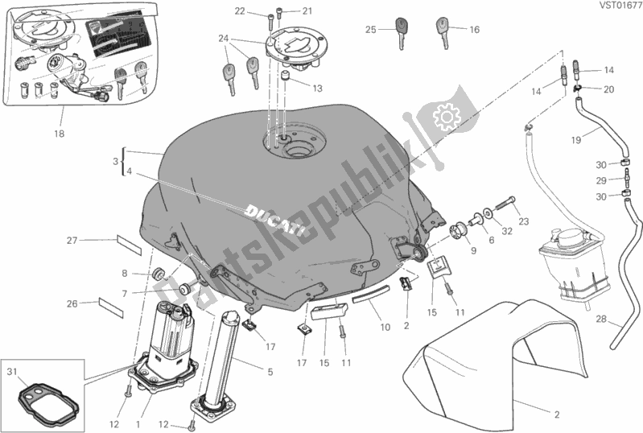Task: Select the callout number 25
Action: point(370,30)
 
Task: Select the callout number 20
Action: point(608,89)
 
